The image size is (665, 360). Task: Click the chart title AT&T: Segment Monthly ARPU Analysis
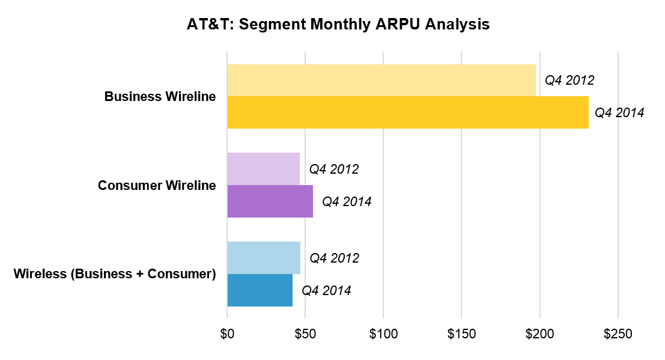(x=338, y=24)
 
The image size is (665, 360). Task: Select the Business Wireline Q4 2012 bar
(x=381, y=81)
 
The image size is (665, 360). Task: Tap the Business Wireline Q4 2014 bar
(x=408, y=112)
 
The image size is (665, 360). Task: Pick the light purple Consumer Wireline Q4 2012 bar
(x=263, y=169)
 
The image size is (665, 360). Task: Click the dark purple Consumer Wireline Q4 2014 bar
(x=270, y=201)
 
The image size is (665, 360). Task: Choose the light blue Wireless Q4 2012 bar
(x=264, y=258)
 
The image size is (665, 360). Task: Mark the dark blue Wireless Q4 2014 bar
(x=260, y=290)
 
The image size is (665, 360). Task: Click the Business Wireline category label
(x=160, y=96)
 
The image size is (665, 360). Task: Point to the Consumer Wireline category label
(x=157, y=185)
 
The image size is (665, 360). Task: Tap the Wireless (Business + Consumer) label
(x=115, y=274)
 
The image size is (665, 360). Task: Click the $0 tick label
(x=227, y=334)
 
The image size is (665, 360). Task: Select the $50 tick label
(x=305, y=334)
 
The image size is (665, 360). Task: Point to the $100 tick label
(x=383, y=334)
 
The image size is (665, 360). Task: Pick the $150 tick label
(x=461, y=334)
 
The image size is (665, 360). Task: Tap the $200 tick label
(x=540, y=334)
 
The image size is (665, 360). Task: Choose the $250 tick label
(x=618, y=334)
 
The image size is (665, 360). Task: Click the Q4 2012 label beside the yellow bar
(x=569, y=81)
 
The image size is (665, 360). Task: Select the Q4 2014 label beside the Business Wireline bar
(x=619, y=112)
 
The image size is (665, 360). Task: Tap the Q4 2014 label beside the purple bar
(x=347, y=201)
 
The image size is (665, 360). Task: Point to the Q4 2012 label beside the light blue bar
(x=335, y=258)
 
